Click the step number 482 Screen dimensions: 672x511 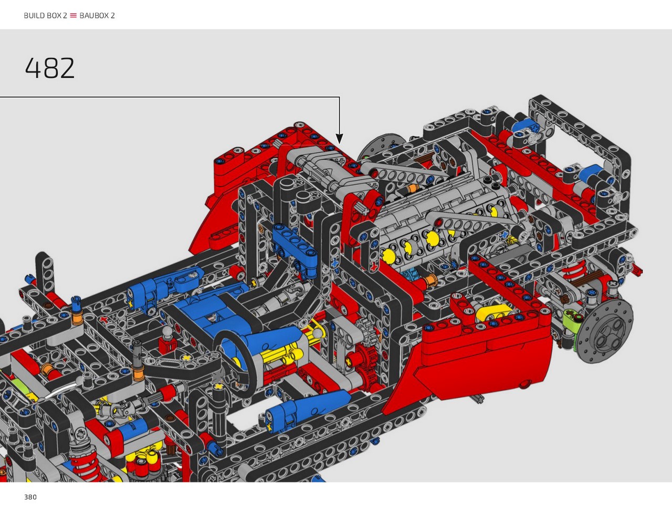50,68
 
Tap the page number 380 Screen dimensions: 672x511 30,497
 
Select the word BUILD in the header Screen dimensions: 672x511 34,16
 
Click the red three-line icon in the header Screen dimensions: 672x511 73,16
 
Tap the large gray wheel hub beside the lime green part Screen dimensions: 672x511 605,331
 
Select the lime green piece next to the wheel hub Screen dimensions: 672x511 572,321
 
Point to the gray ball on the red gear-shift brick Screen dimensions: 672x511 167,331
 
